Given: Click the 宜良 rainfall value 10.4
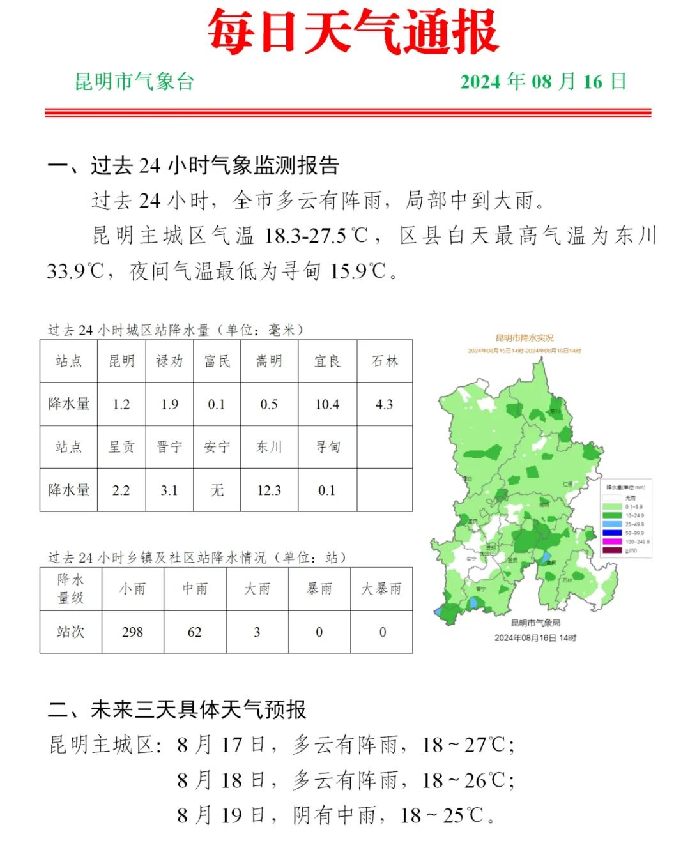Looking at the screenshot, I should (327, 404).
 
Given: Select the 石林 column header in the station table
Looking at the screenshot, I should (385, 361).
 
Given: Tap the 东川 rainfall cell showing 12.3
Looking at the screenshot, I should (269, 490).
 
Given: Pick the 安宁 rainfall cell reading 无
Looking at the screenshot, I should (217, 490).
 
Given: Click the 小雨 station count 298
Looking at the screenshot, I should (132, 632).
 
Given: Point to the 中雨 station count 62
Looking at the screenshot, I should (195, 632).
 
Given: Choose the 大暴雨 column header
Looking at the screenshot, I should (381, 589).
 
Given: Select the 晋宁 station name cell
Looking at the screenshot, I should (169, 447).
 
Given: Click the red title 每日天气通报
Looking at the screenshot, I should (352, 32).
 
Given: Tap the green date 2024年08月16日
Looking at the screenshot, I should (543, 82).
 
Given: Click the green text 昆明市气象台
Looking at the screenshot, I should (134, 82).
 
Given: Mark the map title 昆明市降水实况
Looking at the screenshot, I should (525, 338).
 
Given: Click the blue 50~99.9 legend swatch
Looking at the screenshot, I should (612, 533).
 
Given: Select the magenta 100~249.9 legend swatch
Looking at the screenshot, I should (612, 542).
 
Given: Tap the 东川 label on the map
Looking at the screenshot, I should (555, 411).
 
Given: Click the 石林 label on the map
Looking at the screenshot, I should (567, 580).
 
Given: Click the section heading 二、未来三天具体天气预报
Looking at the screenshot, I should (178, 709).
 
